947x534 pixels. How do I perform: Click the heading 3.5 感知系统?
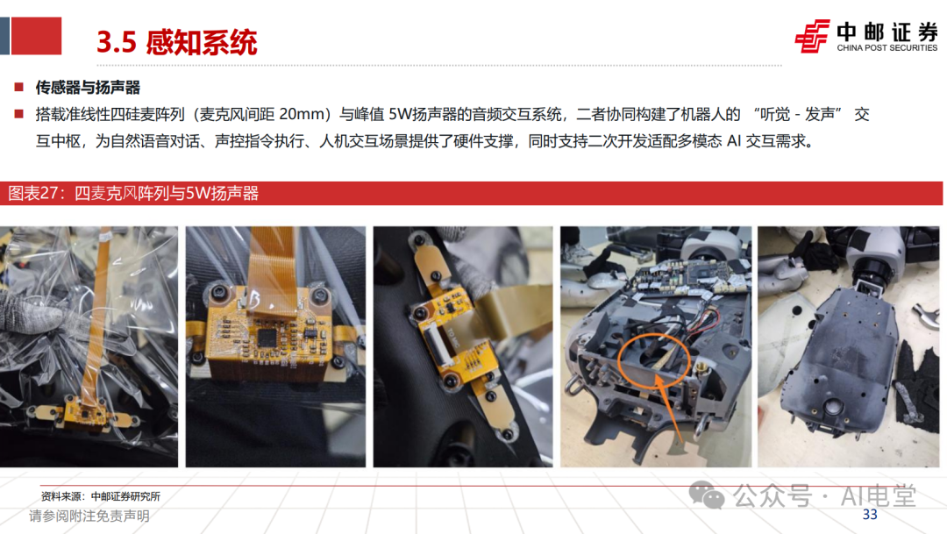177,42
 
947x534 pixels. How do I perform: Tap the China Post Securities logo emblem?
812,36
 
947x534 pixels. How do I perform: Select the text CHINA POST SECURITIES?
886,47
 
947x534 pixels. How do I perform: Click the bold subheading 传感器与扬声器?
88,88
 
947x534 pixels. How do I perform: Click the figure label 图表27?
32,193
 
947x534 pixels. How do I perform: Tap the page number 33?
870,514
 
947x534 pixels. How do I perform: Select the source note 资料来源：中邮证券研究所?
101,496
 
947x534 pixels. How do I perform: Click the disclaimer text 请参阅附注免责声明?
89,516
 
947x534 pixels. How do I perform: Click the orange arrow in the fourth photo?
668,408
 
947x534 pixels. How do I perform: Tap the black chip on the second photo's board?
267,338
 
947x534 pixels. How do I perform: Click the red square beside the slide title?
36,36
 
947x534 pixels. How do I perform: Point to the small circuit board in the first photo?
85,413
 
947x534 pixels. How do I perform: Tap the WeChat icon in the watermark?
707,495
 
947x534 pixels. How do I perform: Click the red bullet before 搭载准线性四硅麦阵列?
18,114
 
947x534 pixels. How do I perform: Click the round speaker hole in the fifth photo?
834,407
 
